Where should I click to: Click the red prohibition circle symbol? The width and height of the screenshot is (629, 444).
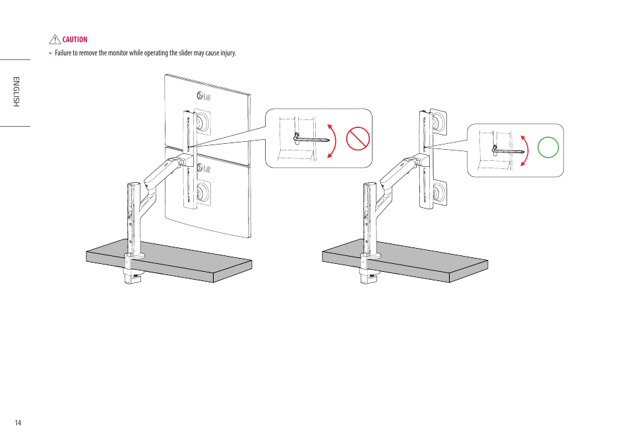click(358, 139)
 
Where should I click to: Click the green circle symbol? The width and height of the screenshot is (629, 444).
click(548, 146)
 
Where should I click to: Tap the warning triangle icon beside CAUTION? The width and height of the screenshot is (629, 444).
click(55, 40)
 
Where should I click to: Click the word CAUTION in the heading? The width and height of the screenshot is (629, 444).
click(75, 40)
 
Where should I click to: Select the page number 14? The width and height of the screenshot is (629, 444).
click(18, 423)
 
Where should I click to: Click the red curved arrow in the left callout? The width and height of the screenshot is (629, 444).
click(332, 140)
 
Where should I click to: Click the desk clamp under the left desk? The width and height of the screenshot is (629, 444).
click(134, 277)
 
